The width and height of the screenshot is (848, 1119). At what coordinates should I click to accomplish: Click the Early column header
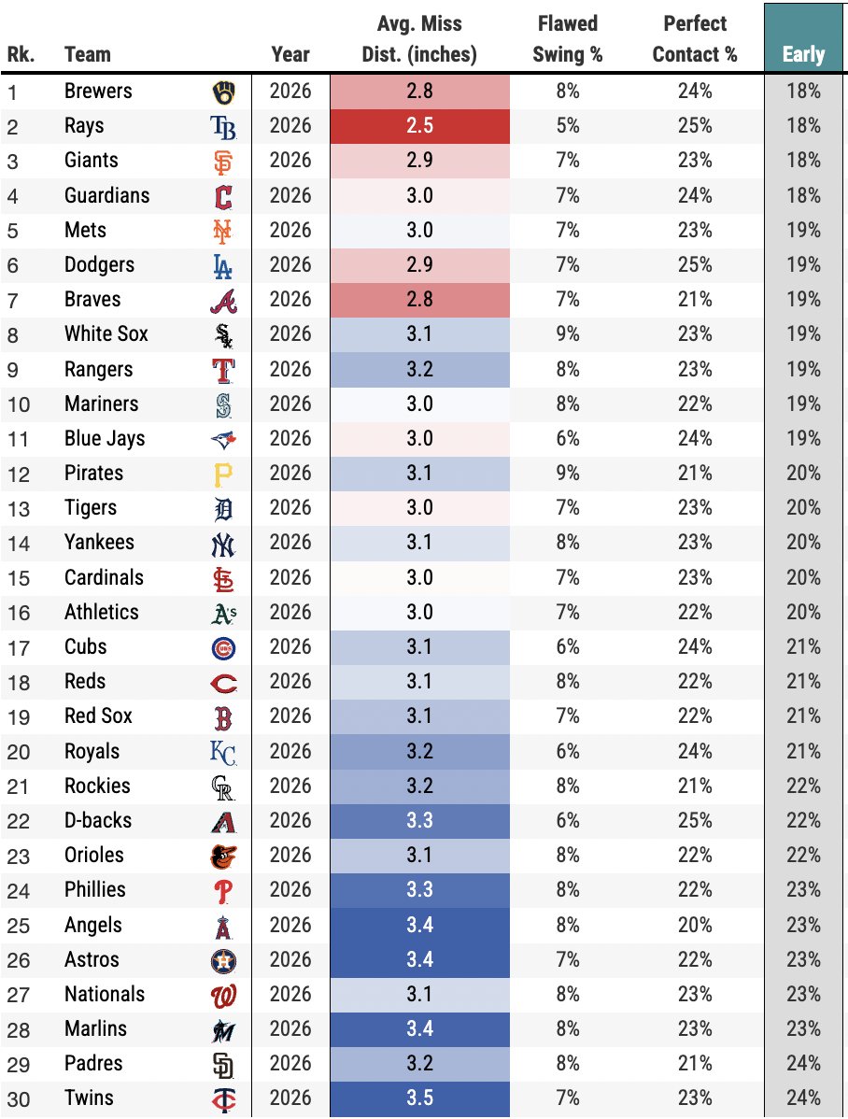pos(803,54)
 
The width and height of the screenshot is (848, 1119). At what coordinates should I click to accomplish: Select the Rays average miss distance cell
pos(419,125)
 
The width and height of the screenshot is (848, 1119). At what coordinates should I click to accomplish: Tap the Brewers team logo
pos(223,92)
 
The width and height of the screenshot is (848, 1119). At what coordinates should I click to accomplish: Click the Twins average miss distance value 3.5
pos(419,1098)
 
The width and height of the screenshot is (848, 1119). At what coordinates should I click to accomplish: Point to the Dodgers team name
pos(99,264)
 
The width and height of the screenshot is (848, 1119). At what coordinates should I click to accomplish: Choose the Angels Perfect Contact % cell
pos(695,925)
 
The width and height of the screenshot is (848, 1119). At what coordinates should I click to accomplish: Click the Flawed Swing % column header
pos(568,38)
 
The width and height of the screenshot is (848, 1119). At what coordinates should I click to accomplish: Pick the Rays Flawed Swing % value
pos(568,125)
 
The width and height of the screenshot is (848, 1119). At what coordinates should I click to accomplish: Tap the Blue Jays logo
pos(223,440)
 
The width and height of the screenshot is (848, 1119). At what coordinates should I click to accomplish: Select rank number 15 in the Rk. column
pos(19,578)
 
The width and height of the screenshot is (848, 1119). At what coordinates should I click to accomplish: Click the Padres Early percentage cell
pos(803,1063)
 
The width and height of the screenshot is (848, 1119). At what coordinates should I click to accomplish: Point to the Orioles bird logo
pos(223,857)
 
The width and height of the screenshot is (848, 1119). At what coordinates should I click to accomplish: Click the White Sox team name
pos(106,334)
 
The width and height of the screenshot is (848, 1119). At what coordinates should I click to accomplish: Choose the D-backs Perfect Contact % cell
pos(695,821)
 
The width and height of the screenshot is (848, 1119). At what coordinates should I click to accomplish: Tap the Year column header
pos(290,54)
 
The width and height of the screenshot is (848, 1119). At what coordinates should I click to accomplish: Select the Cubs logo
pos(223,649)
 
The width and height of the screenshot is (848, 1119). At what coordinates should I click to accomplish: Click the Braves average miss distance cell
pos(419,300)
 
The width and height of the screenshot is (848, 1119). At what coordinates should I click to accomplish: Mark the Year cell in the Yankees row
pos(290,543)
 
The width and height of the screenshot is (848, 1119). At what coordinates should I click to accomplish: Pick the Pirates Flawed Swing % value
pos(568,474)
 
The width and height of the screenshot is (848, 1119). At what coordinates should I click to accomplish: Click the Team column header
pos(88,54)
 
